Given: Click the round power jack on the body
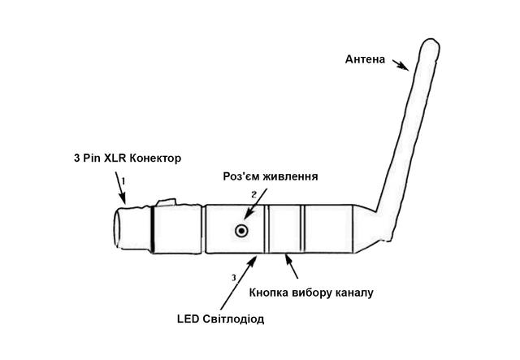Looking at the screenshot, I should point(241,232).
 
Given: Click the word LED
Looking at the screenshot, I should point(188,319).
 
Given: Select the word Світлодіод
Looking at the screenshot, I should point(235,319).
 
